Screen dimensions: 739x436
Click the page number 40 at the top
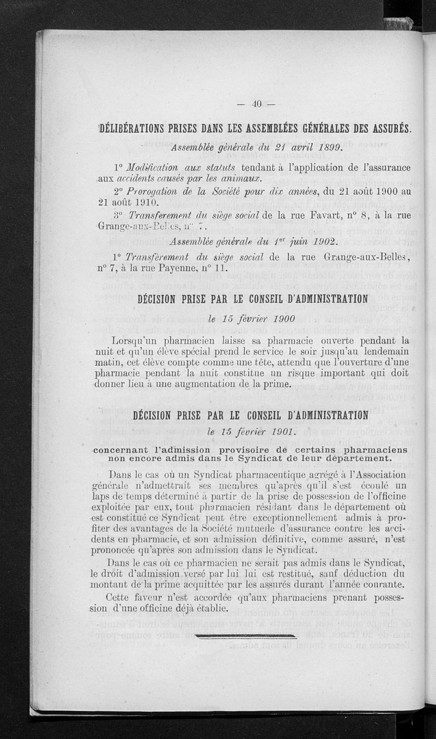coord(257,103)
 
